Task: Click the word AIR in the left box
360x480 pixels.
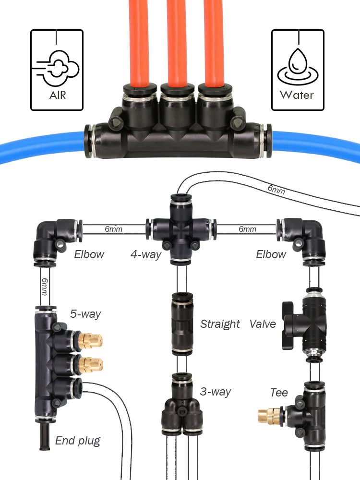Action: [58, 95]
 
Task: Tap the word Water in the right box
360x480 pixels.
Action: [297, 95]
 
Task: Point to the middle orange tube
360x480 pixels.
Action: [177, 43]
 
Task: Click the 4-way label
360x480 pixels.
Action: [146, 254]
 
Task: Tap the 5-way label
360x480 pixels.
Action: [85, 314]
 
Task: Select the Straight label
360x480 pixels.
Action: [220, 324]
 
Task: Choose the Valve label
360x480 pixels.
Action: [263, 324]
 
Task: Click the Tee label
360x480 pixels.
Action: [279, 393]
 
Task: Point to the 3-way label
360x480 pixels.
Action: [216, 392]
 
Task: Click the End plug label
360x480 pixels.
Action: [78, 441]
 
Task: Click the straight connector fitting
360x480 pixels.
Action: [182, 324]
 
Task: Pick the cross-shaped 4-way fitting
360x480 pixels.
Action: [181, 229]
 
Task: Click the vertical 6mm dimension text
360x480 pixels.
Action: [45, 287]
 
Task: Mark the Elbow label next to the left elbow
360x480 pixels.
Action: [89, 254]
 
